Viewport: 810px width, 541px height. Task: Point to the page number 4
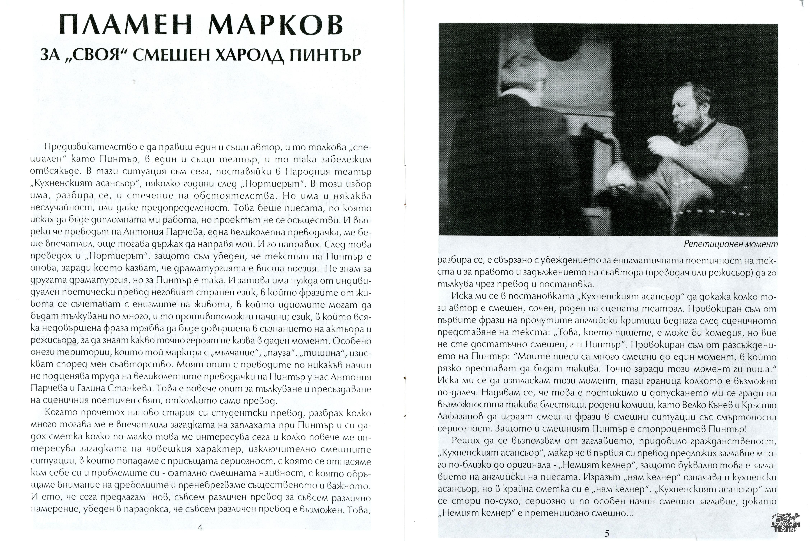[200, 527]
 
